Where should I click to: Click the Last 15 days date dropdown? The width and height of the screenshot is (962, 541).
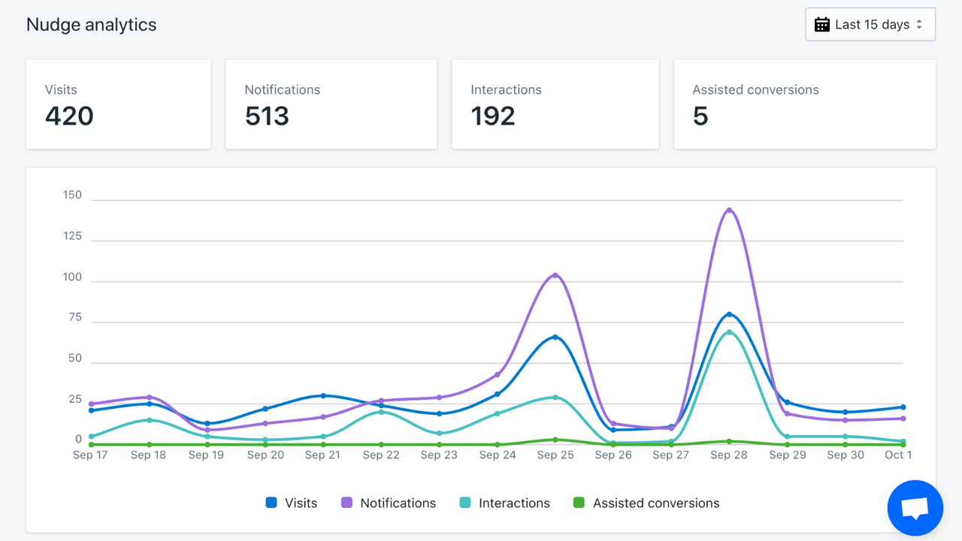click(x=870, y=25)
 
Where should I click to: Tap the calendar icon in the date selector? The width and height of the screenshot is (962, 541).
click(x=822, y=25)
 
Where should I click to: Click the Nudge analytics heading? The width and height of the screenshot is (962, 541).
click(x=91, y=25)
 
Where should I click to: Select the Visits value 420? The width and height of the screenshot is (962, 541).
click(x=69, y=116)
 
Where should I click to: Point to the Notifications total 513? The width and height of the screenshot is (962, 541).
click(x=267, y=116)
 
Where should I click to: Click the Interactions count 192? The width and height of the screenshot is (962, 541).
click(x=492, y=116)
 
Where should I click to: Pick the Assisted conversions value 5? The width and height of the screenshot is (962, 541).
click(x=700, y=116)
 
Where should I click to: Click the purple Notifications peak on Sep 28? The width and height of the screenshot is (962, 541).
click(x=729, y=210)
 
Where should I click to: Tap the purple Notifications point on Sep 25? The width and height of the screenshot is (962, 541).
click(x=555, y=275)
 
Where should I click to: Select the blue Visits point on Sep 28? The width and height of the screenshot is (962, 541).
click(x=729, y=315)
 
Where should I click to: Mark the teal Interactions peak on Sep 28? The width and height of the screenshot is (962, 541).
click(x=729, y=332)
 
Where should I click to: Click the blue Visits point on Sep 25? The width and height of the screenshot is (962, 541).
click(x=555, y=337)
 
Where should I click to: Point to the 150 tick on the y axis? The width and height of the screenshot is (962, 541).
click(x=72, y=195)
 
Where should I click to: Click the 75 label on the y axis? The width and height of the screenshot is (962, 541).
click(x=75, y=317)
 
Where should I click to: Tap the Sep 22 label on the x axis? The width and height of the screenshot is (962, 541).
click(x=381, y=455)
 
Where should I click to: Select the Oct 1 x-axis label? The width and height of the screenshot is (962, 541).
click(x=898, y=455)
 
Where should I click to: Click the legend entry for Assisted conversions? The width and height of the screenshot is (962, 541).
click(x=646, y=503)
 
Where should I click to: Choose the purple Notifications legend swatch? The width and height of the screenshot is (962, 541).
click(x=346, y=503)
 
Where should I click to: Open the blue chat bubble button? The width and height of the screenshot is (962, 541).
click(x=915, y=508)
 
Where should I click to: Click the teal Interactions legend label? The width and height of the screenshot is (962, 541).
click(x=514, y=503)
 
